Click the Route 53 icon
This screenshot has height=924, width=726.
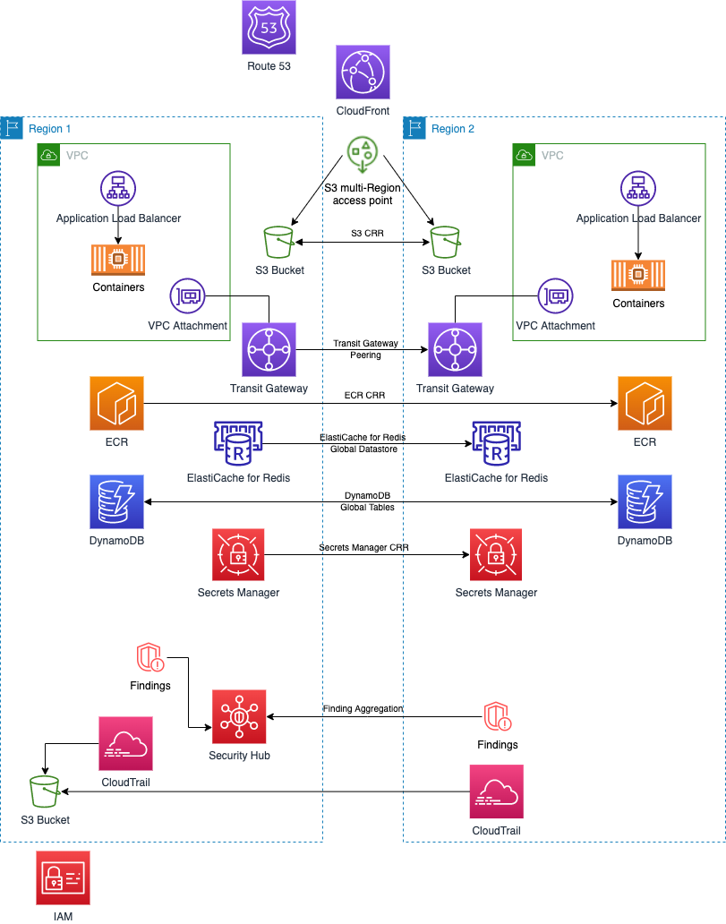tap(269, 27)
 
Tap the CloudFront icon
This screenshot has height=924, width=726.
tap(363, 73)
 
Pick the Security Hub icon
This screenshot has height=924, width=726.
tap(239, 716)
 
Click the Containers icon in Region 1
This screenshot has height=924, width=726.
tap(118, 260)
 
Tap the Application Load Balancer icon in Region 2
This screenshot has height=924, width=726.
tap(637, 189)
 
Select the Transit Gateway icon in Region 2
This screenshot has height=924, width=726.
tap(455, 350)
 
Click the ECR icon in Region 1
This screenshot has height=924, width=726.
tap(117, 403)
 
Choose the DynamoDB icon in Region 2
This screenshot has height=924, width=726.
tap(644, 501)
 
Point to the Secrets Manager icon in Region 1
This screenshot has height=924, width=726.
tap(238, 555)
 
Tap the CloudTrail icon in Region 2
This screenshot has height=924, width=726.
tap(496, 791)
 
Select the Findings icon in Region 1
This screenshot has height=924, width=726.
tap(150, 659)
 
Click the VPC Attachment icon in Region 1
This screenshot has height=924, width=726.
tap(188, 295)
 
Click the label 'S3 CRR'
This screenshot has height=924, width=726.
tap(363, 233)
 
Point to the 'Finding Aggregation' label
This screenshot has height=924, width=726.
tap(363, 708)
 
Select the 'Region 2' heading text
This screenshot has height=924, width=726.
tap(453, 129)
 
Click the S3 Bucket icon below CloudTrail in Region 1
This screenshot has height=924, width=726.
tap(44, 792)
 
